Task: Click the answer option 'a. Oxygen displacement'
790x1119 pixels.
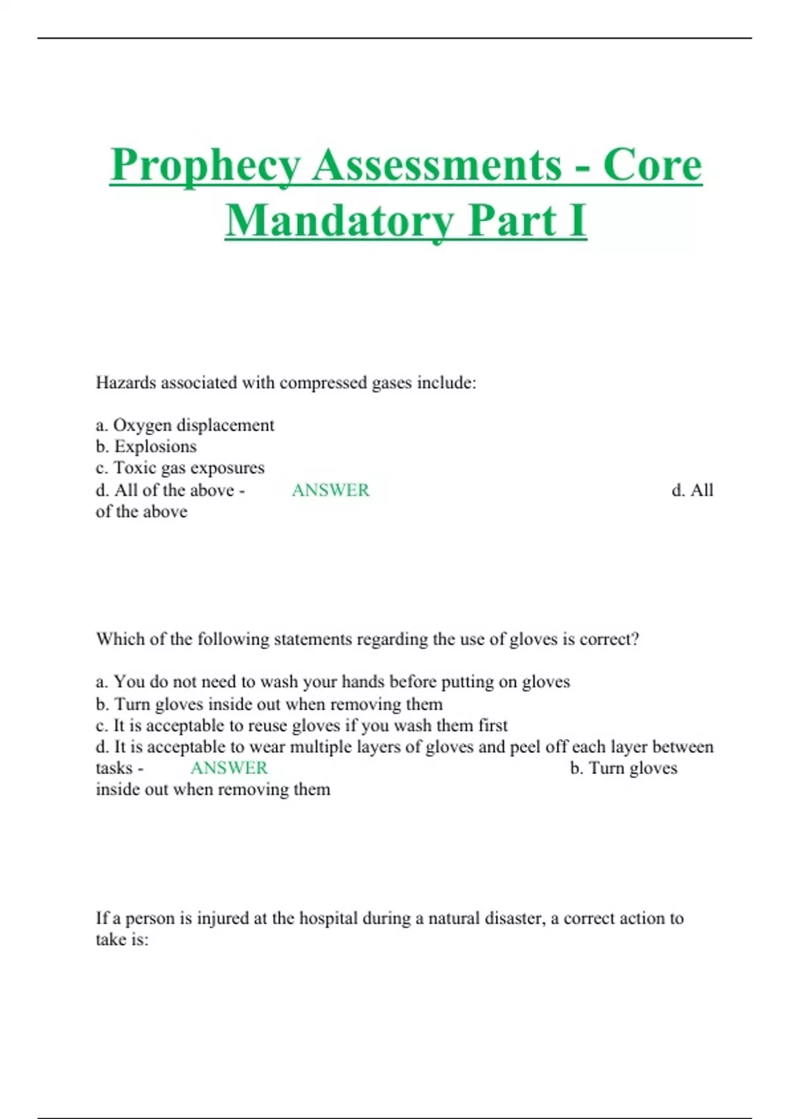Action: pyautogui.click(x=185, y=425)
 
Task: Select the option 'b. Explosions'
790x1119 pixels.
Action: pyautogui.click(x=146, y=446)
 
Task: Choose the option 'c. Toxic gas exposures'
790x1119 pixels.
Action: pyautogui.click(x=180, y=468)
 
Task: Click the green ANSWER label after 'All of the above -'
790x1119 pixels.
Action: pyautogui.click(x=330, y=490)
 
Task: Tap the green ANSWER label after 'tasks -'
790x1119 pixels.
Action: pyautogui.click(x=229, y=768)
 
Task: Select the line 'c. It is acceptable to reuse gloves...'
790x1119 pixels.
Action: pyautogui.click(x=302, y=725)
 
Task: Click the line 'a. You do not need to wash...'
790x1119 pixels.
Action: pyautogui.click(x=332, y=682)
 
